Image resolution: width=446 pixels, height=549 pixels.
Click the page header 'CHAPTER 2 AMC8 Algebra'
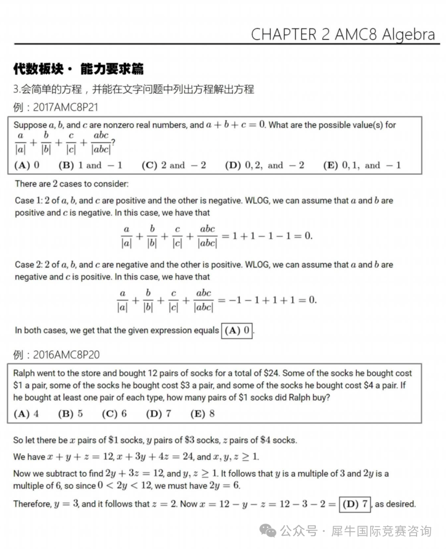[x=343, y=34]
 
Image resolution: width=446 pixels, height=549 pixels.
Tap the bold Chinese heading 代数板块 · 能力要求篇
[x=78, y=68]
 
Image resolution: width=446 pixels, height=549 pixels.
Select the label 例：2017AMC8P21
[x=56, y=107]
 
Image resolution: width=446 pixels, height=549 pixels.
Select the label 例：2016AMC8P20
[x=56, y=355]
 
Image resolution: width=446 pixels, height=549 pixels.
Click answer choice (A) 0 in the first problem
[x=27, y=165]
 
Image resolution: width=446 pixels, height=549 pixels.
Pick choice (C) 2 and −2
[x=173, y=165]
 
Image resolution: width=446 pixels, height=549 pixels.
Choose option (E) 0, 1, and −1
[x=362, y=165]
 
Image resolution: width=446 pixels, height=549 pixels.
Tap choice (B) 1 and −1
[x=90, y=165]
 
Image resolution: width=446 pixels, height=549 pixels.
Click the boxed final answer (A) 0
[x=237, y=330]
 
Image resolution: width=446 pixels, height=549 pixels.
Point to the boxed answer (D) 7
[x=354, y=504]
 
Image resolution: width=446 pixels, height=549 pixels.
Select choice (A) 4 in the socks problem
[x=26, y=414]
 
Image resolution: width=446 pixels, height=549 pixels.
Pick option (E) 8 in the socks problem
[x=202, y=414]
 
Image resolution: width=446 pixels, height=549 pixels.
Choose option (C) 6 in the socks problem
[x=114, y=414]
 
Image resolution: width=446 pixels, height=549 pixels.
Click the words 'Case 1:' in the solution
[x=28, y=200]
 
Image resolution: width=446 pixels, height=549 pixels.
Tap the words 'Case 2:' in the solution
[x=28, y=264]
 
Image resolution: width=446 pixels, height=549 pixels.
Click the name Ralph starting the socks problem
[x=24, y=373]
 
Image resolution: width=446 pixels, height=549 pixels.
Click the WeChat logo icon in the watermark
[x=268, y=531]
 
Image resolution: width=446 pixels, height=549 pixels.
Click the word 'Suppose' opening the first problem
[x=30, y=125]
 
